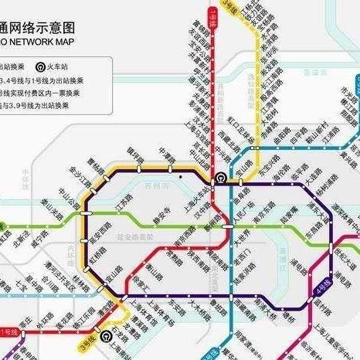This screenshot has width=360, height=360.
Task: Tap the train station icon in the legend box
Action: (x=40, y=66)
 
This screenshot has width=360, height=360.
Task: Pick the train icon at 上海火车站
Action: (x=220, y=177)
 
